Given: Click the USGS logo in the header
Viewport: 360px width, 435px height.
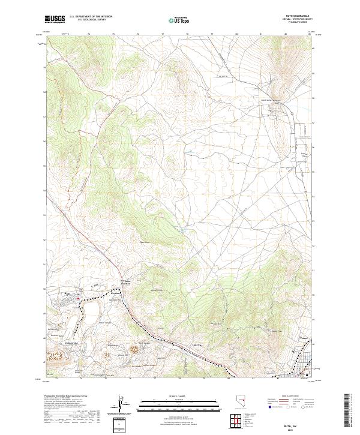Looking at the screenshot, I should [x=55, y=20].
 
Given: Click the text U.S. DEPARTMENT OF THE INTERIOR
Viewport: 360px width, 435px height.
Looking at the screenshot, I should [x=91, y=17].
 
